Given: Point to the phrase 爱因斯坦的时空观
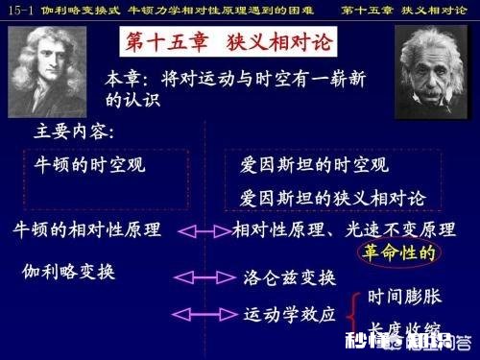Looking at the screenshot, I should pos(311,165).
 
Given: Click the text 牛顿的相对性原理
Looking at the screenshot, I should pos(85,230).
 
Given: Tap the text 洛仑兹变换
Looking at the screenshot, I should pos(289,278).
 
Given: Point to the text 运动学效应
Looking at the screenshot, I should pos(289,314).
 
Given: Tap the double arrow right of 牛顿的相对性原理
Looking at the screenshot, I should pos(202,231).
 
